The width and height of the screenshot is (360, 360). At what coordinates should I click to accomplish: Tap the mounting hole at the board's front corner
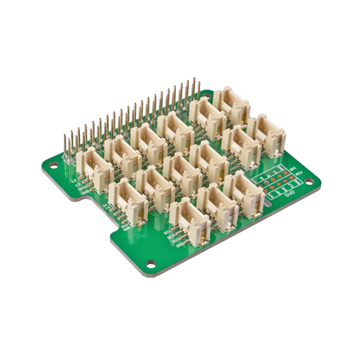click(x=151, y=263)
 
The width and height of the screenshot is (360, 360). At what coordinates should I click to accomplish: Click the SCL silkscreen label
click(x=167, y=231)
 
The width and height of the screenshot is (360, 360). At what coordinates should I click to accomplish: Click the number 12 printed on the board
click(x=74, y=180)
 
